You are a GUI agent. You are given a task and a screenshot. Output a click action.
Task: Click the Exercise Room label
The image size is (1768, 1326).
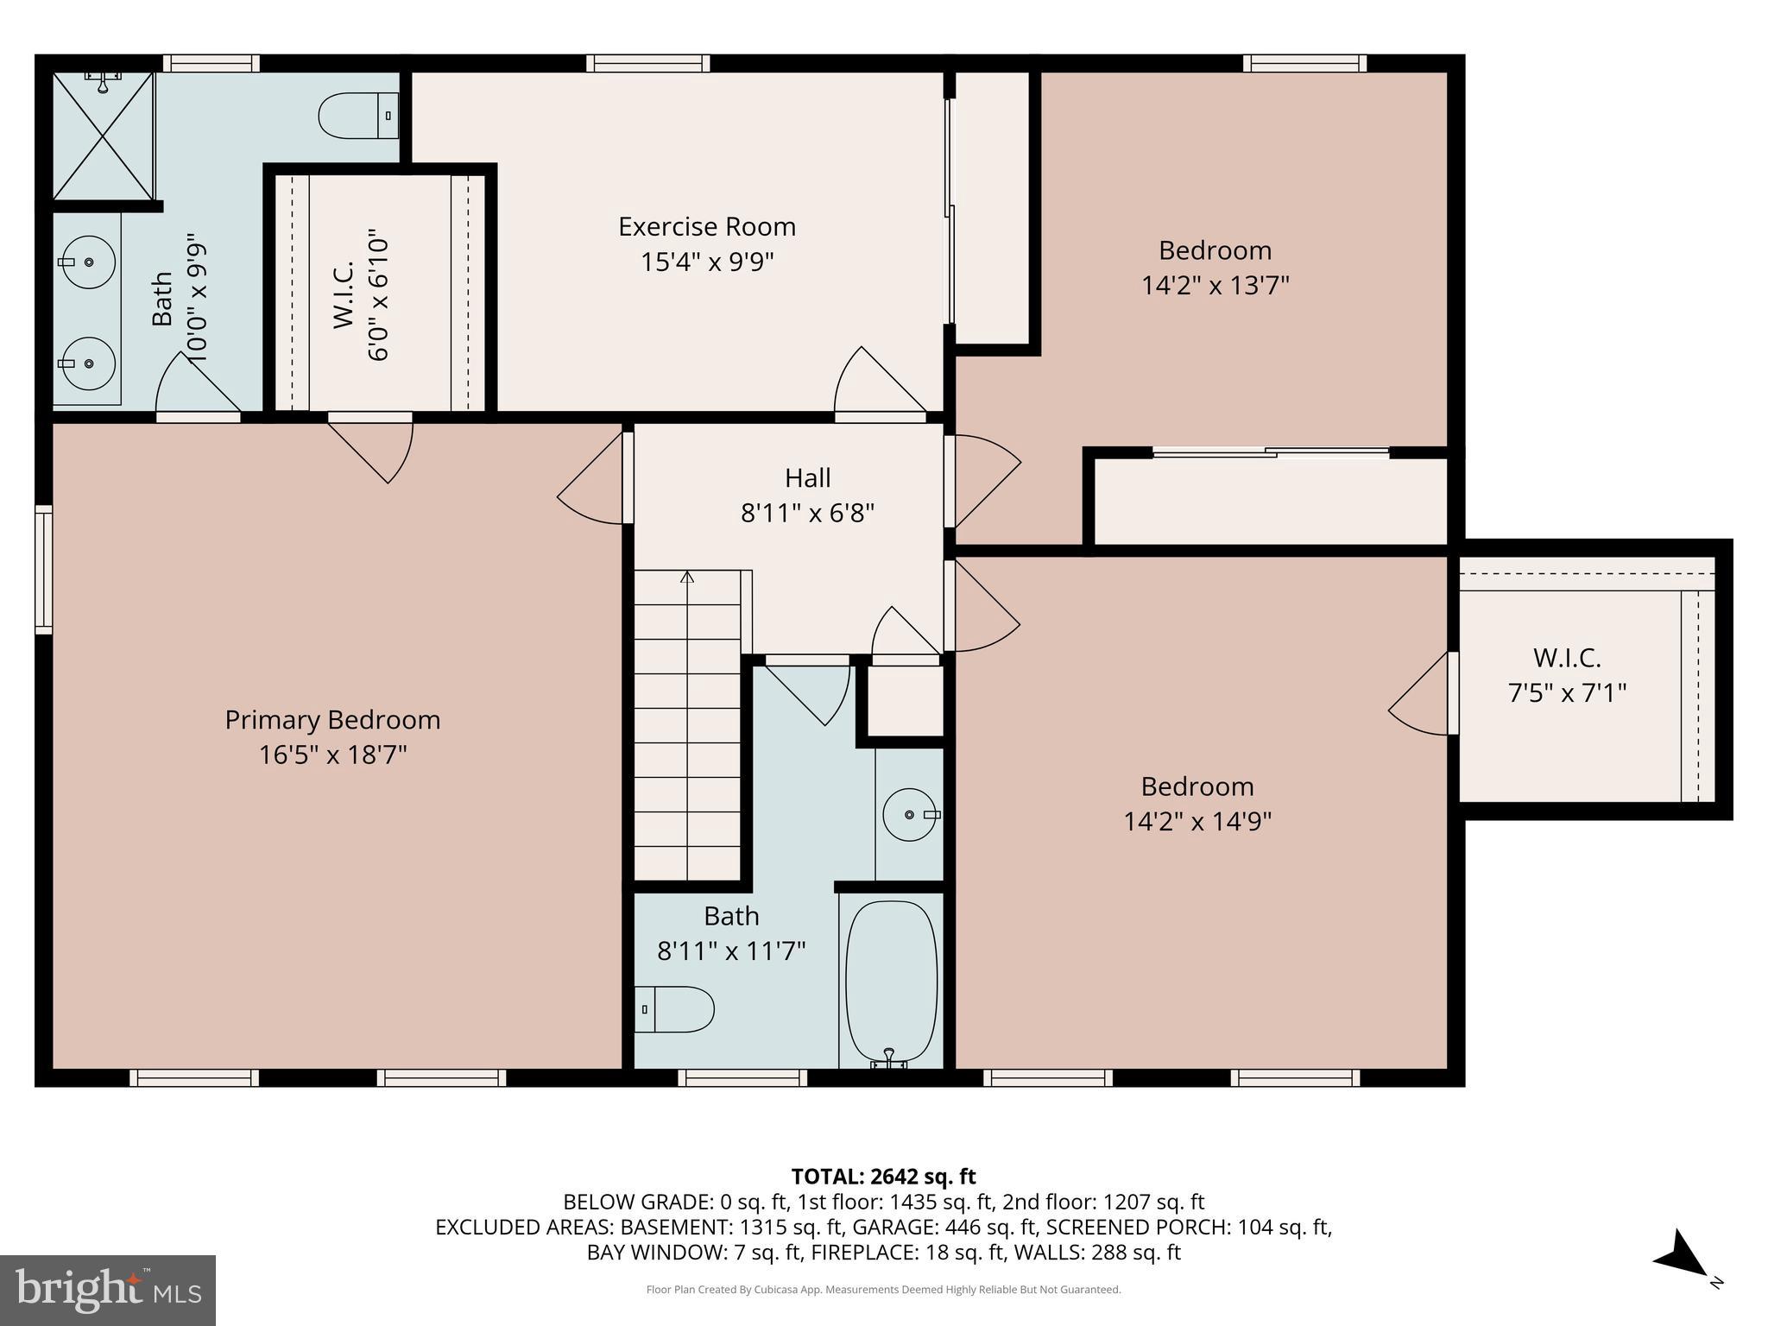706,226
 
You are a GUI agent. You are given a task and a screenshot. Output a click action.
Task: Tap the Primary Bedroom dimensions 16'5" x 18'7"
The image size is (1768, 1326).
332,755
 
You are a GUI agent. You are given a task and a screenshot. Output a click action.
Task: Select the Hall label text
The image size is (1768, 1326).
807,477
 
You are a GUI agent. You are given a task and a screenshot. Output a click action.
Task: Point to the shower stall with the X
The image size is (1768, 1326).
103,136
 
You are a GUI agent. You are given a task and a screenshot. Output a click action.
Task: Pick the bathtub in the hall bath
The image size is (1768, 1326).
891,982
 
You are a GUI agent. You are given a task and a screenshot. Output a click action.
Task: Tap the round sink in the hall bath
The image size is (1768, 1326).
910,814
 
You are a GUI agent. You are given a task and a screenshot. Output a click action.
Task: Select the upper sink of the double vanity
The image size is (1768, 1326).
87,261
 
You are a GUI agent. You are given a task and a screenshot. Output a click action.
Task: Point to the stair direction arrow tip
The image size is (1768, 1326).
687,574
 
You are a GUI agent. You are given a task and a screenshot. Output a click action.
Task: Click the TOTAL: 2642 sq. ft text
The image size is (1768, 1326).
883,1176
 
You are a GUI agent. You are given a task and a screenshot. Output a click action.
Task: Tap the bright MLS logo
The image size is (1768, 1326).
108,1290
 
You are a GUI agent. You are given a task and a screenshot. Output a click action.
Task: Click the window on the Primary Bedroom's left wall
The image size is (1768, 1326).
43,570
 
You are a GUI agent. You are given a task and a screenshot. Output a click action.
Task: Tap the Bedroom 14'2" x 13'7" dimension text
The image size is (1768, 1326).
1215,285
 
